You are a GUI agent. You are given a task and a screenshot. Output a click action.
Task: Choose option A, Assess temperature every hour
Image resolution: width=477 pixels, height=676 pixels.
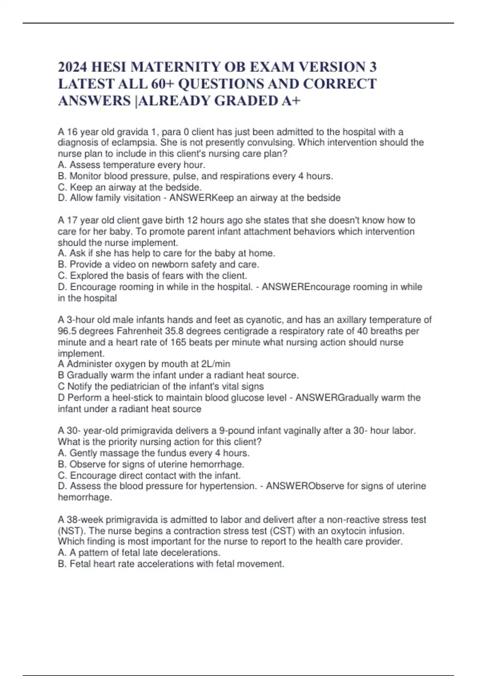click(132, 165)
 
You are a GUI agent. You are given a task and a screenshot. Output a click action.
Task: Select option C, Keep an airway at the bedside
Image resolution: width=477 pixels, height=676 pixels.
click(130, 187)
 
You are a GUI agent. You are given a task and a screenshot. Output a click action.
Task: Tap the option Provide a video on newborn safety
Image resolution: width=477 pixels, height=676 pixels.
click(158, 264)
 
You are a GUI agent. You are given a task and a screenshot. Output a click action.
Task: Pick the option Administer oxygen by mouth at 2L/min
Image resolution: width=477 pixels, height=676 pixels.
click(144, 364)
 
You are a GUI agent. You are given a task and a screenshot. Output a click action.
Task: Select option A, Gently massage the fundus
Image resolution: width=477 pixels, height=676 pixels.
click(153, 453)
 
